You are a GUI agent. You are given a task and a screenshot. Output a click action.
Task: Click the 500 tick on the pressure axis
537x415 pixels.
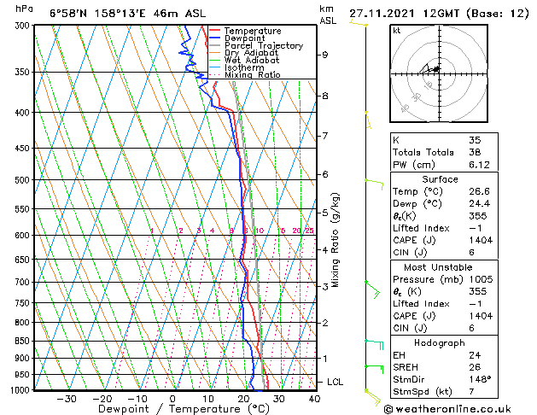coord(19,180)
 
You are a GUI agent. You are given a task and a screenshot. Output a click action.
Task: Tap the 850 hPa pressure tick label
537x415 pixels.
coord(19,341)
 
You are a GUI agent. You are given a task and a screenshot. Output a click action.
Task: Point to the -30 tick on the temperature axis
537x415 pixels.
coord(67,398)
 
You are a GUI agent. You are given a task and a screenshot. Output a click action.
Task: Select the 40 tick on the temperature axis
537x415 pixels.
coord(314,398)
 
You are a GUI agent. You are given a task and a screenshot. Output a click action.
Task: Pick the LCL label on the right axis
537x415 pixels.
coord(335,382)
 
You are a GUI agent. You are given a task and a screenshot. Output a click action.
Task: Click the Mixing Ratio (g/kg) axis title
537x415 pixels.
coord(336,239)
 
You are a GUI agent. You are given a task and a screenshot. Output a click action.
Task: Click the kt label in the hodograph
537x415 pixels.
coord(397,30)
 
